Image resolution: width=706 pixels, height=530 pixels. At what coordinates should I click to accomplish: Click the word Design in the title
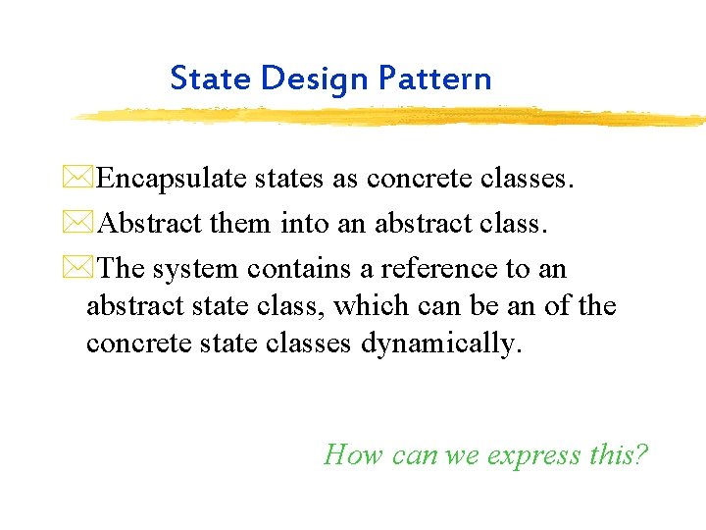(303, 78)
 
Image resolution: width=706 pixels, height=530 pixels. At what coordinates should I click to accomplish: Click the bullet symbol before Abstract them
(86, 224)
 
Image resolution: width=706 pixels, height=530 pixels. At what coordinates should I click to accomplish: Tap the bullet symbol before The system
(86, 268)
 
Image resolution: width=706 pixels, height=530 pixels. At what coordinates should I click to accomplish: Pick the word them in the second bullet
(241, 224)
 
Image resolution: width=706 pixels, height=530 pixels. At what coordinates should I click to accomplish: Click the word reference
(429, 268)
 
